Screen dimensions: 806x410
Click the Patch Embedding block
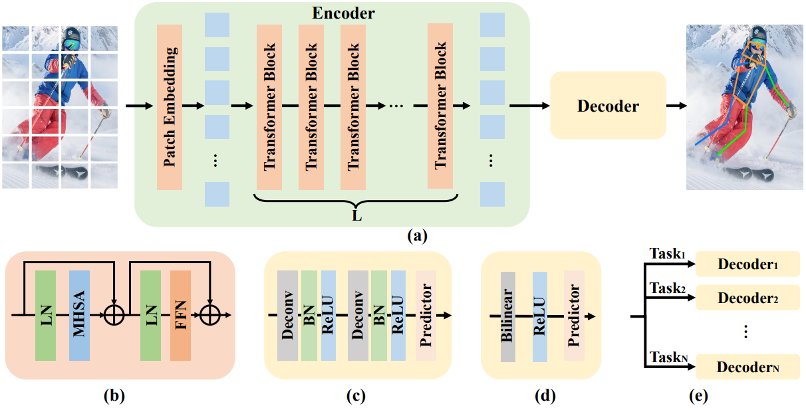click(170, 107)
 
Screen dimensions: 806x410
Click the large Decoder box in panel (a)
click(608, 106)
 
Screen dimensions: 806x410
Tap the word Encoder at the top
click(343, 13)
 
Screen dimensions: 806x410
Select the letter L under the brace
click(356, 216)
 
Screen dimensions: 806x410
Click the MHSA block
click(79, 316)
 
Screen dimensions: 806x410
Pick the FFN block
click(180, 316)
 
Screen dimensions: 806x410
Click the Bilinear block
click(507, 316)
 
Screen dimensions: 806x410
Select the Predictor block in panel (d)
click(574, 316)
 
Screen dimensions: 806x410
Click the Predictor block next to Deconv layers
click(426, 316)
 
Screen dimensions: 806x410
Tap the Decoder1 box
click(747, 264)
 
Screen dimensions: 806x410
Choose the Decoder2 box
click(747, 298)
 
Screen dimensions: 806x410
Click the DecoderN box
click(747, 367)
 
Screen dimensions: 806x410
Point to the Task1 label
click(667, 254)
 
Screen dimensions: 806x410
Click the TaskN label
click(668, 357)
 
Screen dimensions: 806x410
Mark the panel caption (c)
click(356, 396)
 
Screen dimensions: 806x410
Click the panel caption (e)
click(698, 396)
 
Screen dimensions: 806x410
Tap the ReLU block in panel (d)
click(540, 316)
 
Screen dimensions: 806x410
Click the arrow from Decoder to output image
click(676, 106)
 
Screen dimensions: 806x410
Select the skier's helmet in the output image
click(758, 34)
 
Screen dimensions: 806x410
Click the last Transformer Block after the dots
click(440, 106)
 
